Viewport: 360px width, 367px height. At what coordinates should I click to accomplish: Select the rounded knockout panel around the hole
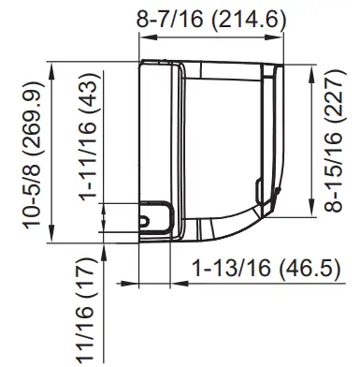pyautogui.click(x=155, y=215)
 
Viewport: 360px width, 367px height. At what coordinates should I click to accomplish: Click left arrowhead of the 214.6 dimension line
pyautogui.click(x=142, y=37)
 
